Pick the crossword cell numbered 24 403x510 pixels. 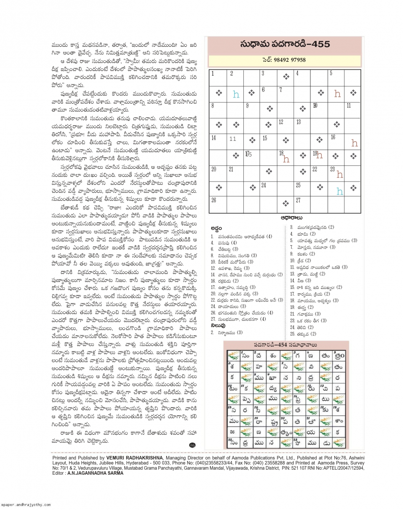click(x=268, y=188)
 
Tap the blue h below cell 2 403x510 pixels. click(x=236, y=94)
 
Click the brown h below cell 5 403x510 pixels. click(x=337, y=94)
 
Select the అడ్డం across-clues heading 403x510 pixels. click(x=216, y=229)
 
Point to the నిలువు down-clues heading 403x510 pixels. click(x=218, y=325)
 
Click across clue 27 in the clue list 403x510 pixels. click(x=238, y=319)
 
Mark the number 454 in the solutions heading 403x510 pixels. click(x=280, y=345)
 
